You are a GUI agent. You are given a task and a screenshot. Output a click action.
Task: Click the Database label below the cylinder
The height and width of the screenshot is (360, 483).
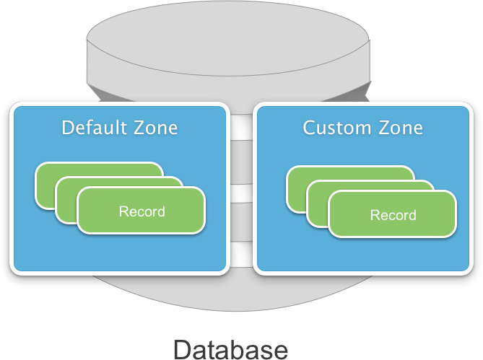click(x=231, y=349)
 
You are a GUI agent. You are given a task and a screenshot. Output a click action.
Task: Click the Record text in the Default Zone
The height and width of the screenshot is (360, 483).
click(x=142, y=211)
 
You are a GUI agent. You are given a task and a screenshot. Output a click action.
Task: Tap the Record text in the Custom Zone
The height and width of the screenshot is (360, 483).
click(x=393, y=215)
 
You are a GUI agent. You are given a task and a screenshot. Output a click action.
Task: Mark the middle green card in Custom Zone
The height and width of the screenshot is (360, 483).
click(x=318, y=198)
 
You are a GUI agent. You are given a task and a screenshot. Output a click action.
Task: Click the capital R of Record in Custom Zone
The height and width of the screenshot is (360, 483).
click(x=374, y=215)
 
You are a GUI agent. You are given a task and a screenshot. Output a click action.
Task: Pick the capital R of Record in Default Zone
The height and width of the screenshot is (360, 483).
click(x=123, y=211)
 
